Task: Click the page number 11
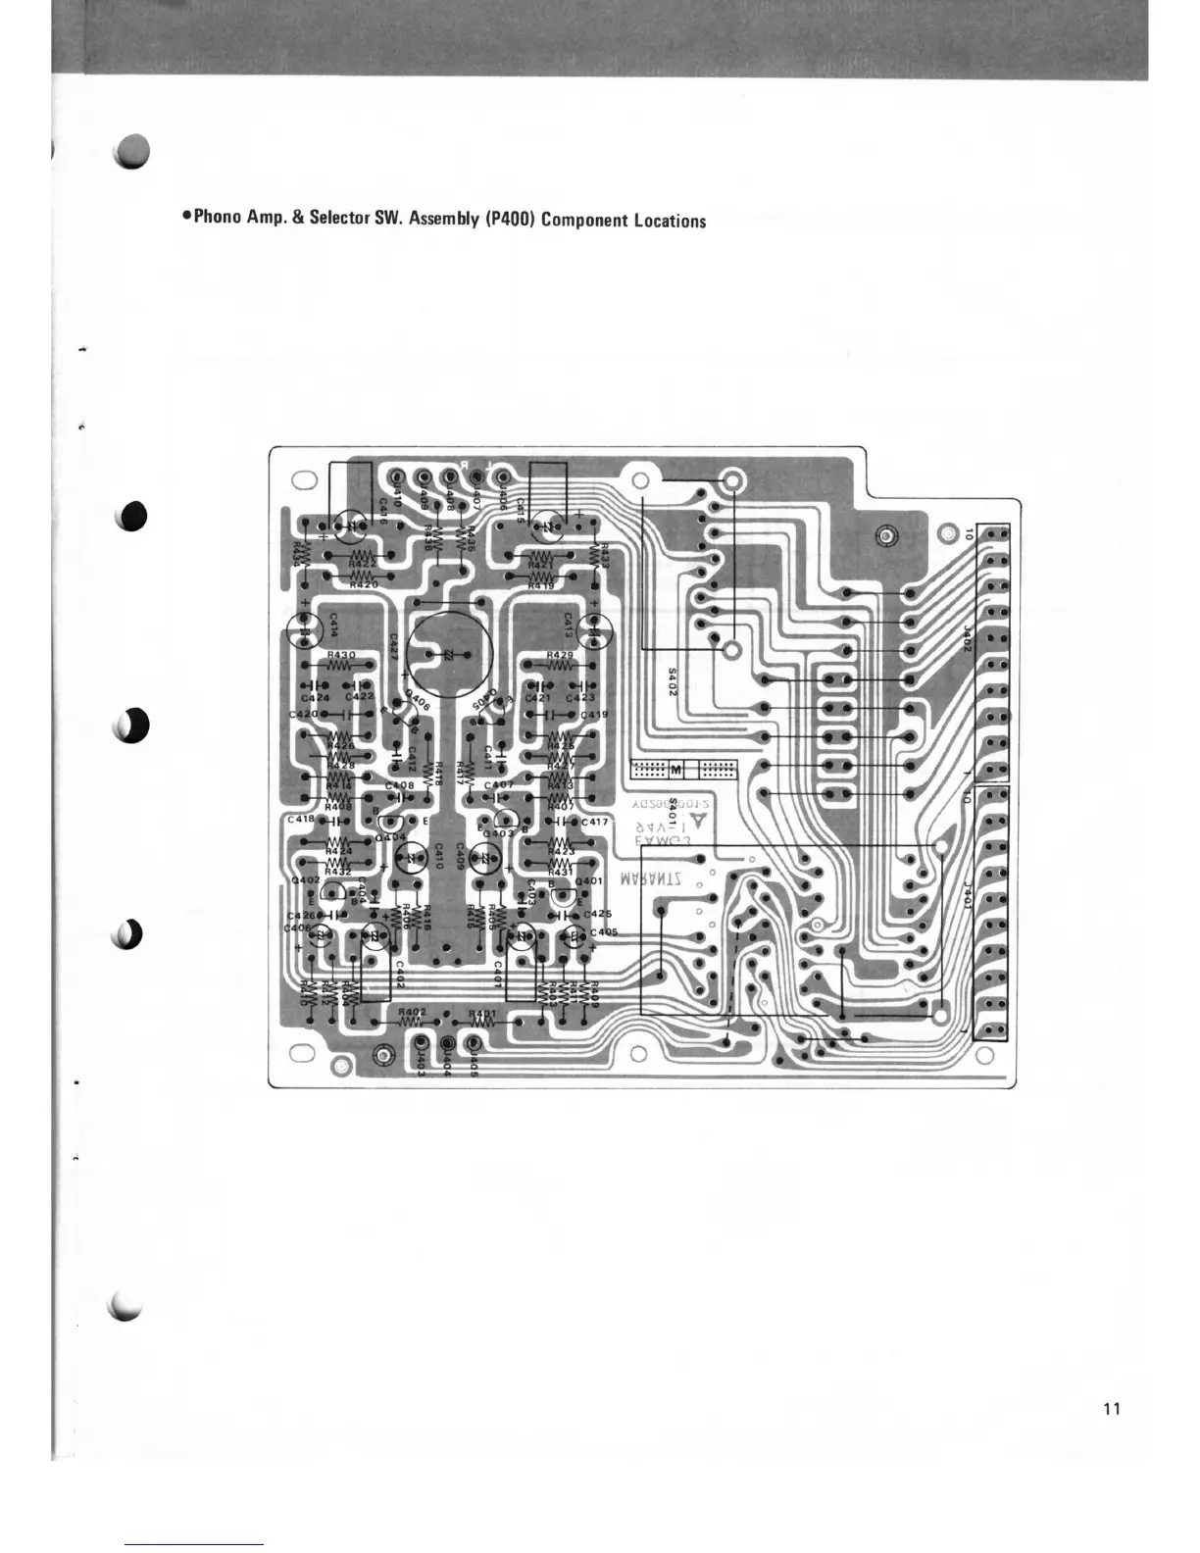1111,1409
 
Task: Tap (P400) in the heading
509,219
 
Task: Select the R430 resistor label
341,654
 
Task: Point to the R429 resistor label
560,654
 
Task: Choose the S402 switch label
672,682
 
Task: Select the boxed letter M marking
676,768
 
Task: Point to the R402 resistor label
412,1012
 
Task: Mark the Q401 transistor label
589,881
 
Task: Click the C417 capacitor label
595,822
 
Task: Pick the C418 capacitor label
301,818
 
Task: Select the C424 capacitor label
315,697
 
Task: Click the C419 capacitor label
594,714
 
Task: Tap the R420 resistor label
363,584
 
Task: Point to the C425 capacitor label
598,913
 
